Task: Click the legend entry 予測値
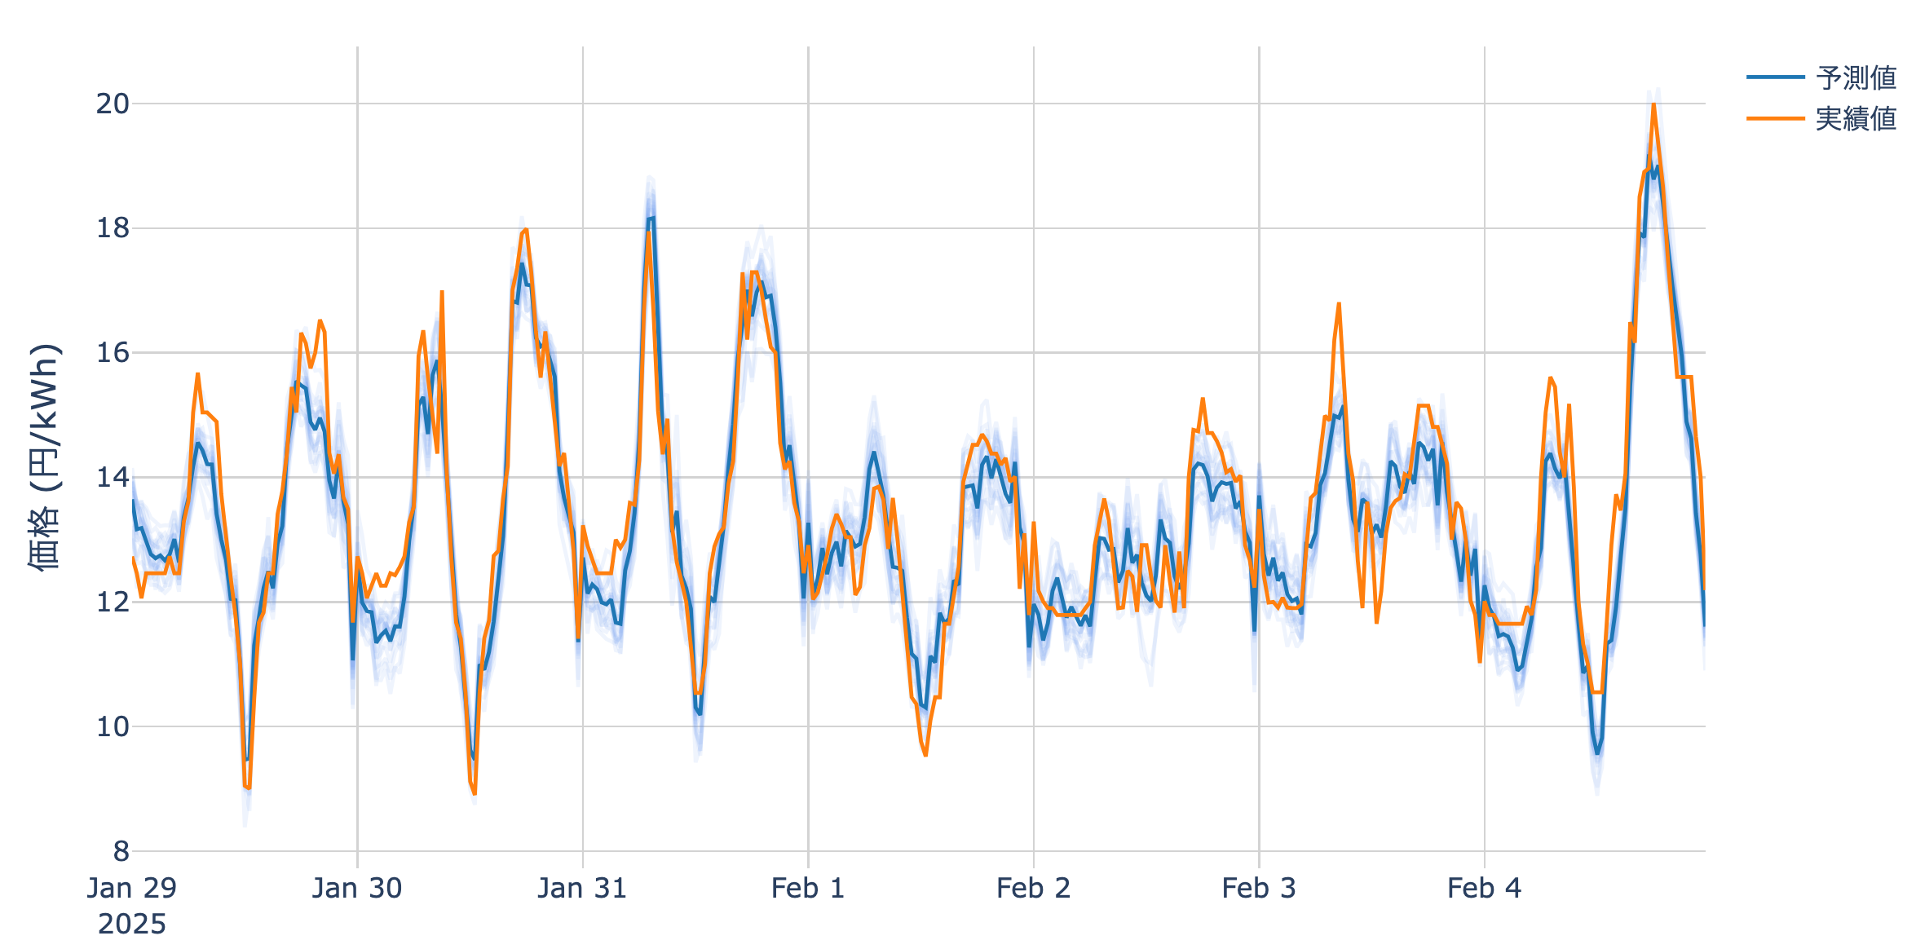(1856, 78)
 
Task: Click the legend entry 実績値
(1856, 119)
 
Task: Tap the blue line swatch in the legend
(1775, 77)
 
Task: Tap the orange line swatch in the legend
(1775, 119)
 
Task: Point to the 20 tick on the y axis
(113, 104)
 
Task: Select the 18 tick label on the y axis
(113, 229)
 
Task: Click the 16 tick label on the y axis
(113, 353)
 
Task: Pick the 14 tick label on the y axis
(113, 478)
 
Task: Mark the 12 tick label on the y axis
(113, 603)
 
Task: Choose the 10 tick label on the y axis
(113, 727)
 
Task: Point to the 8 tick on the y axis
(121, 852)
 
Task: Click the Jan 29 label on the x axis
(132, 889)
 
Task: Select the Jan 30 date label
(357, 889)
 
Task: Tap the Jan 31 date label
(582, 889)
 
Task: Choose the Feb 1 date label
(808, 889)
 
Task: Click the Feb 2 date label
(1033, 889)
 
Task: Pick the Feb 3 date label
(1259, 889)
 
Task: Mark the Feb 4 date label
(1484, 889)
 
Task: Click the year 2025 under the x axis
(132, 925)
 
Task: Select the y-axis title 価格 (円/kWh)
(45, 457)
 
